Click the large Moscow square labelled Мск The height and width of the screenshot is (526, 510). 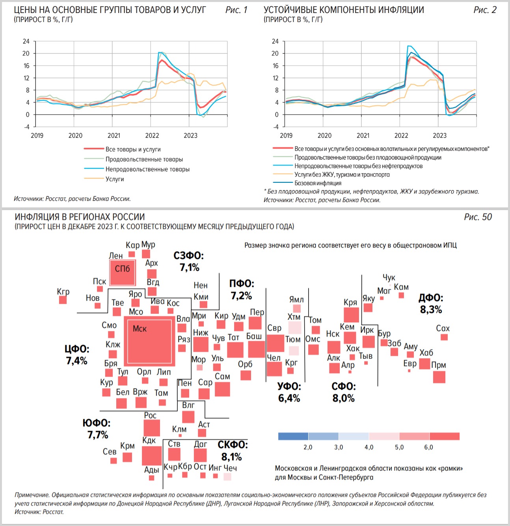coord(149,341)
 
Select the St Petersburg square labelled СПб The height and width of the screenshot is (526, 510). coord(123,272)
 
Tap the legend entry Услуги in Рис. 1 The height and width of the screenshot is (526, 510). coord(114,179)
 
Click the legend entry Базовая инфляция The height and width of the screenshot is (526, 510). coord(318,183)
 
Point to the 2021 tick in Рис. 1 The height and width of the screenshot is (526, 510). coord(114,136)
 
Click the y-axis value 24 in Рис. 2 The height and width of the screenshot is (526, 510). coord(275,41)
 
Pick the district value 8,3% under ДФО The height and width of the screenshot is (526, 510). coord(431,310)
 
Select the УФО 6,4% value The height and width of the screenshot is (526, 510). coord(289,398)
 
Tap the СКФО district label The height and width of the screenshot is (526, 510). coord(233,445)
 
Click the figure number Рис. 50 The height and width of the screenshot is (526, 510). coord(478,217)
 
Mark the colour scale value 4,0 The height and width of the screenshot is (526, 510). coord(369,447)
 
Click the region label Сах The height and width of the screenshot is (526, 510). coord(443,328)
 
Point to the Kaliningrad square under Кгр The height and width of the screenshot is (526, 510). coord(63,300)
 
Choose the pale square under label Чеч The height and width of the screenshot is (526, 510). coord(227,477)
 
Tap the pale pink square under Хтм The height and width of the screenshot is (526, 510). coord(295,327)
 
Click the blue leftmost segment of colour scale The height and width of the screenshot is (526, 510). coord(293,436)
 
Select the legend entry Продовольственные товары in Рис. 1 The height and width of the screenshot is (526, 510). coord(144,159)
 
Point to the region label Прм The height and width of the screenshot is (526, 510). coord(438,365)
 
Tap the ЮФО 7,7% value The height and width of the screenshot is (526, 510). coord(98,435)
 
